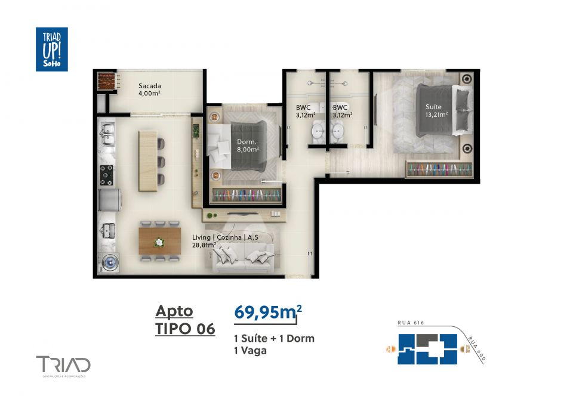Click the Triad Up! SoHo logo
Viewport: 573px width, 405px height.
[51, 49]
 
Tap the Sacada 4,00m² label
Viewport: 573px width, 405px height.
[150, 89]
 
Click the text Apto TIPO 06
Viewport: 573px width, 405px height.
[184, 320]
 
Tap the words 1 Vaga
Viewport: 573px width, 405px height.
[250, 351]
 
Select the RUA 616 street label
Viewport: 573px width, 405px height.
[411, 323]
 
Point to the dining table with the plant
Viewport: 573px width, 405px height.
[159, 241]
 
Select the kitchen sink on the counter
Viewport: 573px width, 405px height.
[108, 135]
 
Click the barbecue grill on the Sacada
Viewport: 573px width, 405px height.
[106, 81]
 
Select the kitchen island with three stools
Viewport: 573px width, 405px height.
[149, 158]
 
